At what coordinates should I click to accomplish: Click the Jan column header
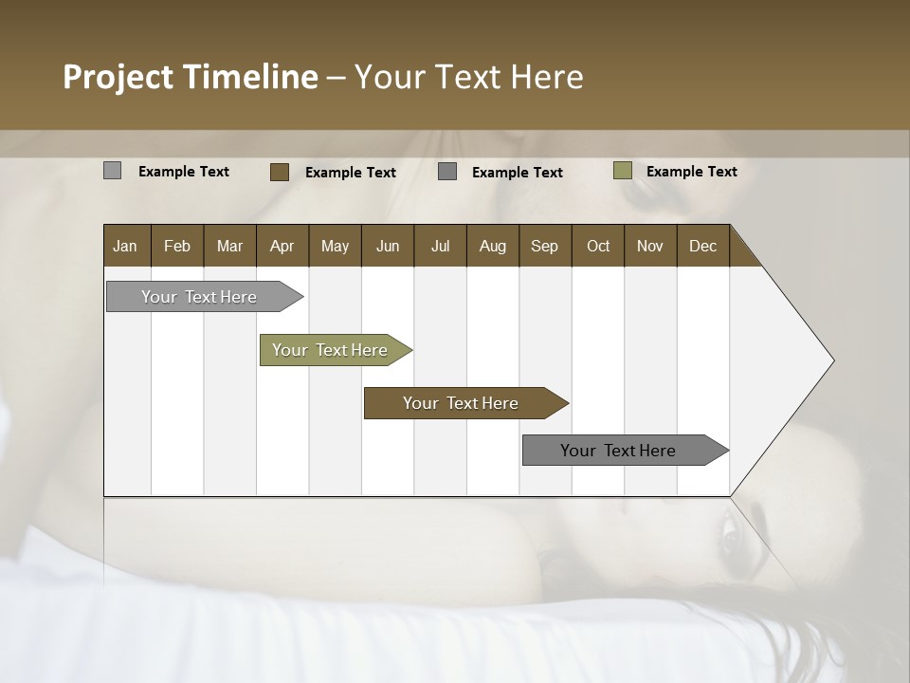click(x=125, y=246)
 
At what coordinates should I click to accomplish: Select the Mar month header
click(x=229, y=246)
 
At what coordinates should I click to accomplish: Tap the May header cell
click(x=335, y=246)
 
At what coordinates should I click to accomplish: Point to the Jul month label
click(x=440, y=246)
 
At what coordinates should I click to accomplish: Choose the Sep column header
click(x=544, y=246)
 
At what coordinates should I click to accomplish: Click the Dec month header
click(x=702, y=246)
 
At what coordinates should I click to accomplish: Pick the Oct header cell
click(x=598, y=246)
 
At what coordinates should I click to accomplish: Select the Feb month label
click(x=177, y=246)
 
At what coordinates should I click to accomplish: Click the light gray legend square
click(x=112, y=171)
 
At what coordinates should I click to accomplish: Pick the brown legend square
click(x=280, y=172)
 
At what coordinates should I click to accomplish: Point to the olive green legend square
click(x=622, y=171)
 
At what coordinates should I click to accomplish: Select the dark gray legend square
click(x=447, y=172)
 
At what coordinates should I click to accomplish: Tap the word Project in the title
click(x=118, y=77)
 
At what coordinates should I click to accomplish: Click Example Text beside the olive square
click(x=691, y=172)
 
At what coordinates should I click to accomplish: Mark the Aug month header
click(x=492, y=246)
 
